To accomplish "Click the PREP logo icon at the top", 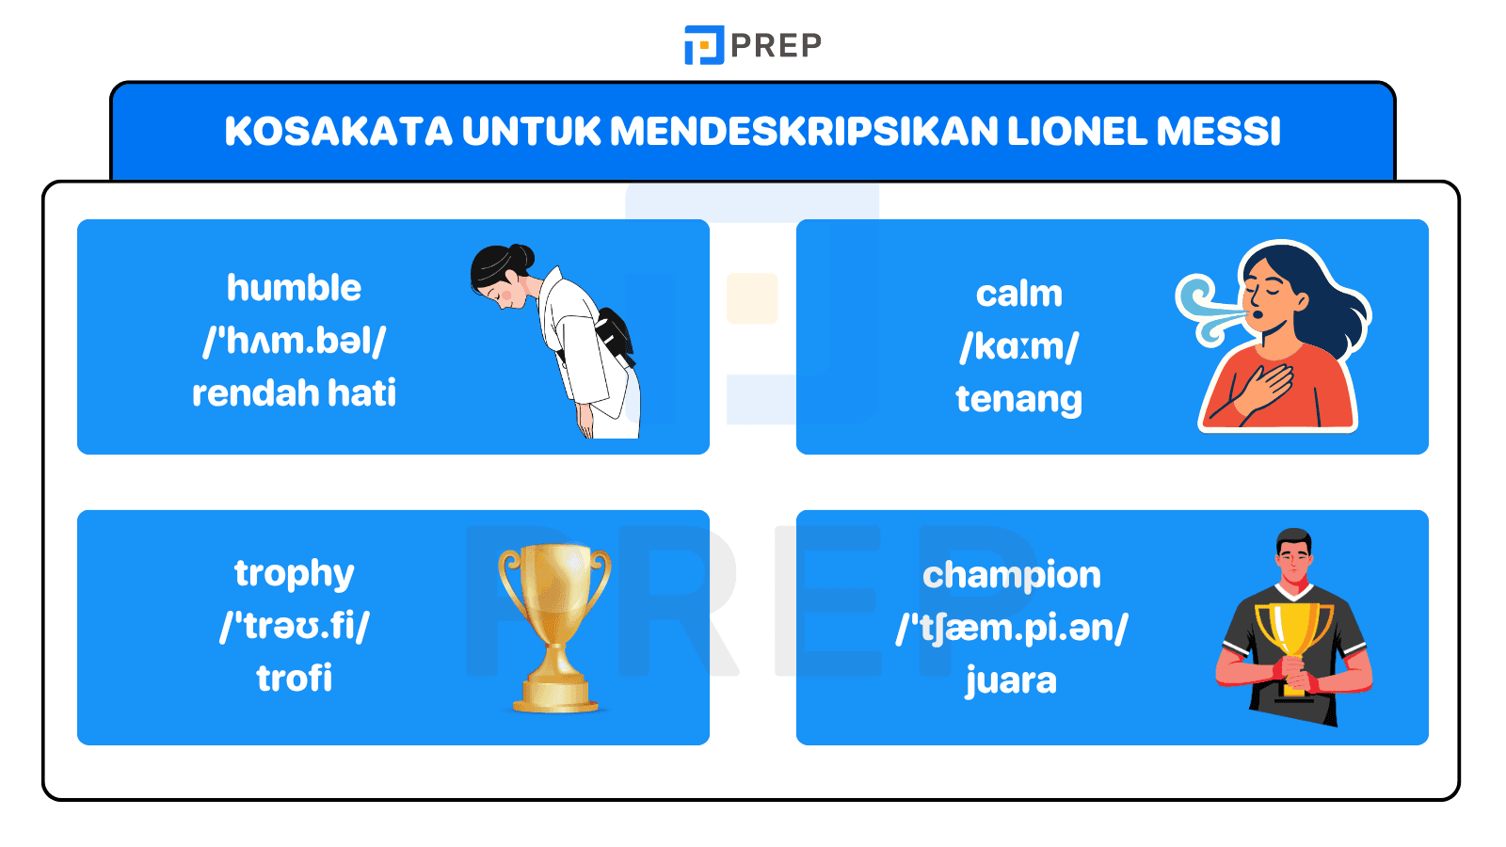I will click(703, 45).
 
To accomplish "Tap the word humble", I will click(294, 288).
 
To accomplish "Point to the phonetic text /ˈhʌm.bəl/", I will click(294, 341).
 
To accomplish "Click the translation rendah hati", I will click(294, 393).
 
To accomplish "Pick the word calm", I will click(1018, 295).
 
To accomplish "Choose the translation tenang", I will click(1018, 399).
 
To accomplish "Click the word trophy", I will click(294, 573).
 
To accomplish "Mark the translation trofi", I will click(294, 679).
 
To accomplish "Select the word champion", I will click(1011, 575).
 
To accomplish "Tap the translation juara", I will click(1011, 680).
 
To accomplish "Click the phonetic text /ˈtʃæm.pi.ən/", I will click(1011, 628).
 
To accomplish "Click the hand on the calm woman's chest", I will click(1266, 386).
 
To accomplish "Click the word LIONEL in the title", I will click(1077, 132).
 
